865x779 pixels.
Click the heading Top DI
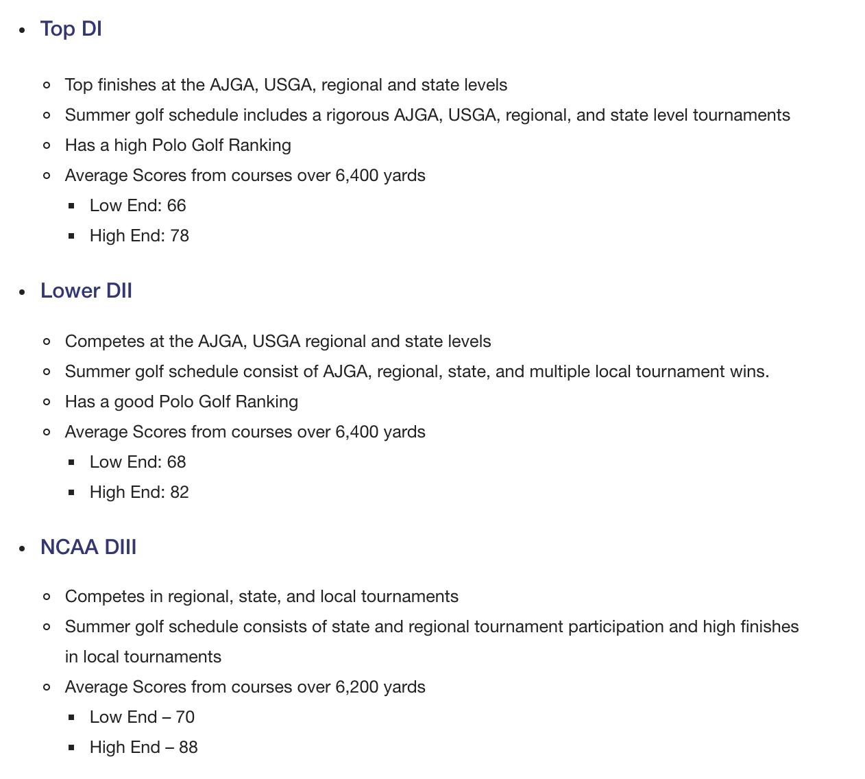pyautogui.click(x=71, y=29)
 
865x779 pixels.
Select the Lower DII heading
pyautogui.click(x=86, y=291)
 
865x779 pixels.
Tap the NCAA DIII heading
pyautogui.click(x=88, y=547)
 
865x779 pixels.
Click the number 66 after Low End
pyautogui.click(x=176, y=206)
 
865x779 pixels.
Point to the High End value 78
pyautogui.click(x=180, y=236)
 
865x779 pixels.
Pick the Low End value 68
pyautogui.click(x=176, y=462)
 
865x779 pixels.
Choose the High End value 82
pyautogui.click(x=180, y=492)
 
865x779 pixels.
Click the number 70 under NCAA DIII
pyautogui.click(x=185, y=717)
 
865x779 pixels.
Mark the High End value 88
pyautogui.click(x=188, y=747)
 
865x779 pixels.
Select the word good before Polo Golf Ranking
pyautogui.click(x=134, y=402)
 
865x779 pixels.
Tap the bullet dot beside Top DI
pyautogui.click(x=23, y=30)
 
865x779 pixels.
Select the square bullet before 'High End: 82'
pyautogui.click(x=71, y=492)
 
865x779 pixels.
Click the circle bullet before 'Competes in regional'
pyautogui.click(x=47, y=597)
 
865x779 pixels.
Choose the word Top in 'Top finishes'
pyautogui.click(x=79, y=85)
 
